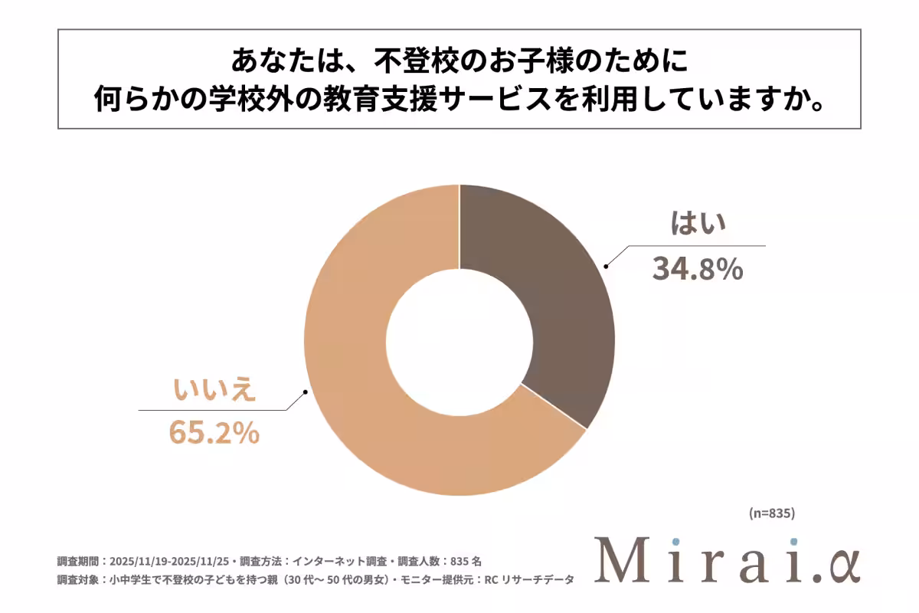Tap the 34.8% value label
point(698,268)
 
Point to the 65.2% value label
point(214,433)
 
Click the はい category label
point(698,225)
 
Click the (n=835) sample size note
point(773,513)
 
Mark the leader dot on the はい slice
point(606,267)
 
